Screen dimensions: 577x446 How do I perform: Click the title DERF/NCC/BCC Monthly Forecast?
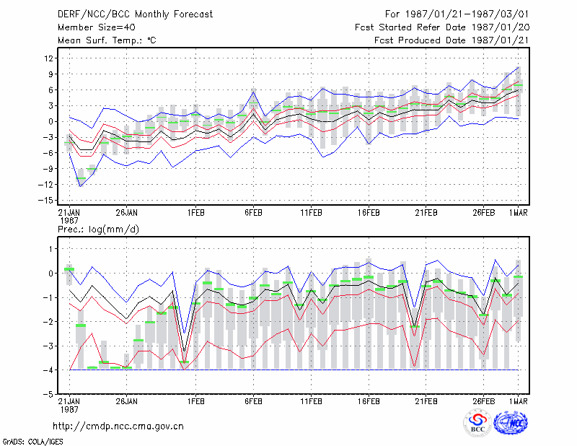tap(135, 14)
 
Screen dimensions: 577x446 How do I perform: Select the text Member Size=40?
tap(97, 27)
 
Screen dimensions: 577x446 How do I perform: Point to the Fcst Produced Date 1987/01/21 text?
tap(452, 40)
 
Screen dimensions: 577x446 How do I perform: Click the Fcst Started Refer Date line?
tap(442, 27)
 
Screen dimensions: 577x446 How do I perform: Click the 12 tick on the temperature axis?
tap(48, 58)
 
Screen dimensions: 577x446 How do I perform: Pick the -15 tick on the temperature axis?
tap(45, 201)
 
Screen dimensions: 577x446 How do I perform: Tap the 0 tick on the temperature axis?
tap(50, 121)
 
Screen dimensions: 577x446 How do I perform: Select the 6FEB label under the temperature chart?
tap(253, 213)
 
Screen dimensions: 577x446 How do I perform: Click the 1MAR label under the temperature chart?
tap(518, 213)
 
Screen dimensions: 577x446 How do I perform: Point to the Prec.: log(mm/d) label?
tap(98, 229)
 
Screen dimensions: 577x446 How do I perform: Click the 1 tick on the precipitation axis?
tap(50, 249)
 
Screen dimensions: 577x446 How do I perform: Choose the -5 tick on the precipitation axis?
tap(48, 394)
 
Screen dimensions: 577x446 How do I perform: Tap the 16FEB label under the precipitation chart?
tap(369, 401)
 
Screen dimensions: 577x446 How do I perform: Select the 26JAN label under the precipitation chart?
tap(126, 401)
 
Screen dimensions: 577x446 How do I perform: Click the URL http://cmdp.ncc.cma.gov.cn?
tap(118, 427)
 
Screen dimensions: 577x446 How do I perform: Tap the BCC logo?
tap(477, 424)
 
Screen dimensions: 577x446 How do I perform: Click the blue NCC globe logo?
tap(511, 423)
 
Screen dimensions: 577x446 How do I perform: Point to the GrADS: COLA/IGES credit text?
tap(33, 442)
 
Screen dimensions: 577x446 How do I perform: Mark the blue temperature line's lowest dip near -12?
tap(81, 186)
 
